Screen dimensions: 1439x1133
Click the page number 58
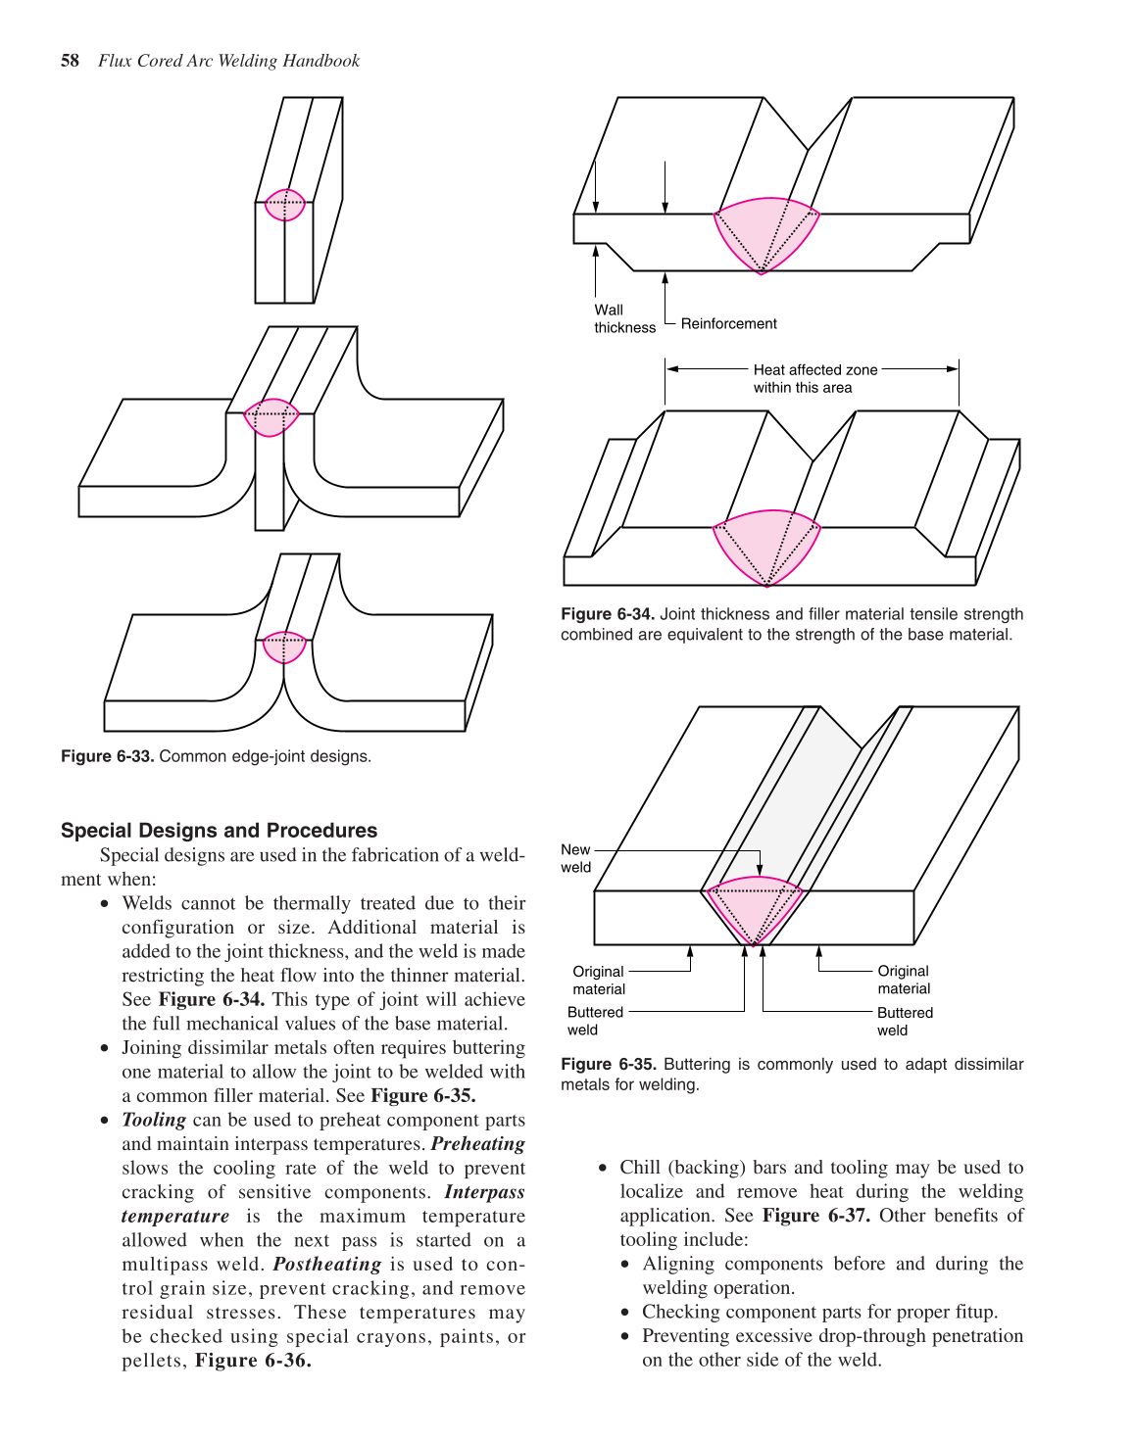[70, 61]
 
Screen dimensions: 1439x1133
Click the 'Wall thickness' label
[624, 319]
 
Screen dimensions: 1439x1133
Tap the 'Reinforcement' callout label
[728, 324]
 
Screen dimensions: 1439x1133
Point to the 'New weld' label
[576, 858]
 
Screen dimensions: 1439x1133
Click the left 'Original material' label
[599, 980]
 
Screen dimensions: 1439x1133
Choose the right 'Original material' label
[904, 980]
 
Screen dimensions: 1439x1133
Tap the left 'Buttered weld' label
[595, 1021]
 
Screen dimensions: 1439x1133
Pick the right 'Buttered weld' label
[905, 1021]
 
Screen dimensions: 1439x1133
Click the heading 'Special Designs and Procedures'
[219, 831]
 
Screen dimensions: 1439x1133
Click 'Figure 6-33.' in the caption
[107, 756]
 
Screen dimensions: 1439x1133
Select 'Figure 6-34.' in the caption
[607, 614]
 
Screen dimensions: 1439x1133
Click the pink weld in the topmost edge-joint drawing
[285, 205]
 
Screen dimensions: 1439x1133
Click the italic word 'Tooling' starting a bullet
[154, 1120]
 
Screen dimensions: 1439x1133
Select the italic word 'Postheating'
[327, 1265]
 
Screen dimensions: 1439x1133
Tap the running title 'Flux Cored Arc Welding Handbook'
[228, 61]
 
